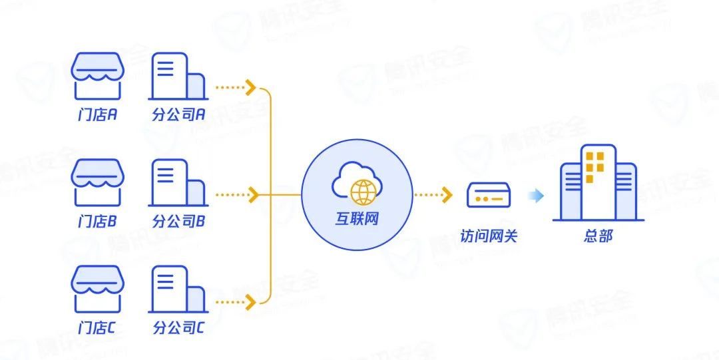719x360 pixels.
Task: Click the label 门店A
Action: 98,114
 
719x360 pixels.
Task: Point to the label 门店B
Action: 98,222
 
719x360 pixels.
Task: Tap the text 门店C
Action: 98,328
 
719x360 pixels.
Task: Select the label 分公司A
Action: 178,114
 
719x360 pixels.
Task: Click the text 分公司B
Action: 178,222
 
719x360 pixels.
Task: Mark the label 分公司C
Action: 178,328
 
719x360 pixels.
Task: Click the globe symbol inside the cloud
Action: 363,192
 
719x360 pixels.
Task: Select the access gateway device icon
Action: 488,196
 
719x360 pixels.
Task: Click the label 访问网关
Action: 488,236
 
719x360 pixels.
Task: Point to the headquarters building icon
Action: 598,184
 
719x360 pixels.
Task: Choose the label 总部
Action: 598,236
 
